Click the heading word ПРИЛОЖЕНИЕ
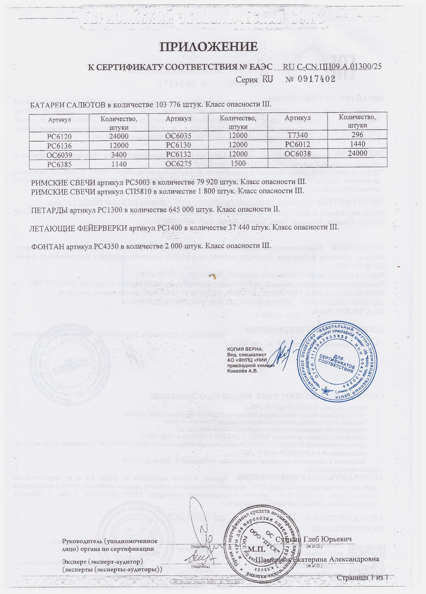coord(209,47)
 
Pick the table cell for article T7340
coord(297,135)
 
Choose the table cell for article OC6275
coord(179,164)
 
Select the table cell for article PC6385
coord(59,164)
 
